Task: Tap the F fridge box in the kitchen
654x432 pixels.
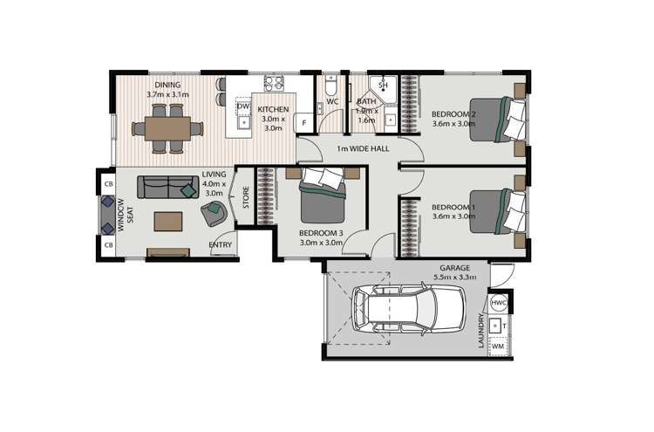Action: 303,123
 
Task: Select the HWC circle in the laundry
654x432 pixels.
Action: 498,303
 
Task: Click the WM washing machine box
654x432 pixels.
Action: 498,346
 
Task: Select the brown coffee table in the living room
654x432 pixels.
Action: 169,221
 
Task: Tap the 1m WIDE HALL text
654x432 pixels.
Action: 363,148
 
